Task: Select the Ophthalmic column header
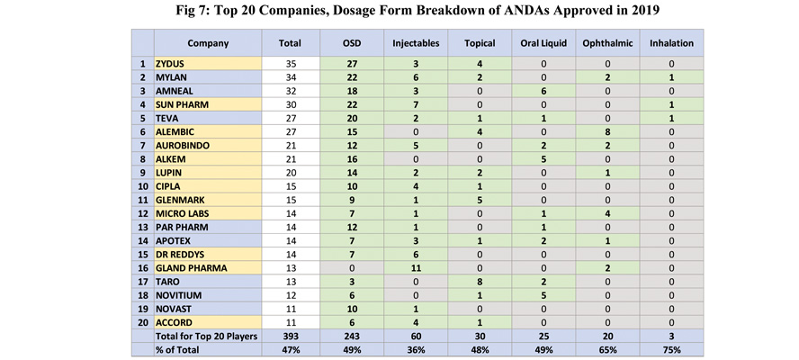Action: [607, 43]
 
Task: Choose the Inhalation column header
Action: [673, 43]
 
